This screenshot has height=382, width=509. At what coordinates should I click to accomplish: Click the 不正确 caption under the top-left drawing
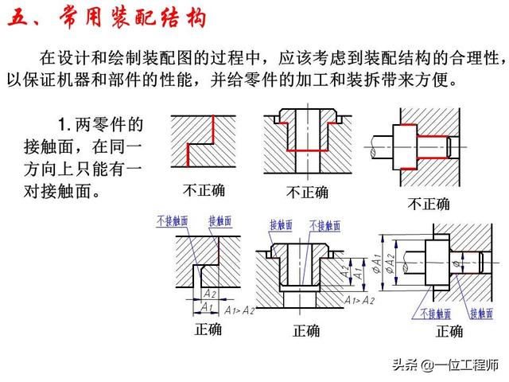pyautogui.click(x=203, y=190)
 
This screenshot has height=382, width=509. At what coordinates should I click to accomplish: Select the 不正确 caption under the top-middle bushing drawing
pyautogui.click(x=306, y=193)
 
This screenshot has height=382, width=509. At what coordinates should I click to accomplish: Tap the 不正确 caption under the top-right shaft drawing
pyautogui.click(x=429, y=204)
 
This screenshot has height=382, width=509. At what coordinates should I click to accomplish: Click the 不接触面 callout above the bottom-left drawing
pyautogui.click(x=173, y=220)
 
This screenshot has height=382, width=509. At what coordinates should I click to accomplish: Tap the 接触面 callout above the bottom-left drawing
pyautogui.click(x=220, y=220)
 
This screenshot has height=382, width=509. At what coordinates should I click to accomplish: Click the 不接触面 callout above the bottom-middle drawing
pyautogui.click(x=324, y=225)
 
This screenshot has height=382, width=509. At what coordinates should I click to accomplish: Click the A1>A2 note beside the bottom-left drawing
pyautogui.click(x=239, y=309)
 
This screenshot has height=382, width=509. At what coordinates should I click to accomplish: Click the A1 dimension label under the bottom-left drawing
pyautogui.click(x=206, y=306)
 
